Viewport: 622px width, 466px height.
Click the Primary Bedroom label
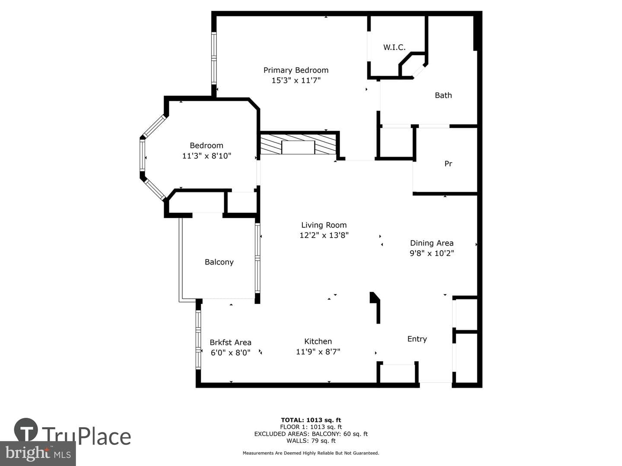[x=296, y=70]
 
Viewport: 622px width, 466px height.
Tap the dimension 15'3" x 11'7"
[x=296, y=80]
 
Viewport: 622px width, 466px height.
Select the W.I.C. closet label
[x=394, y=47]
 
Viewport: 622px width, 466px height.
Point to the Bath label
[x=443, y=95]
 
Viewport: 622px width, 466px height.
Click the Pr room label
[x=448, y=164]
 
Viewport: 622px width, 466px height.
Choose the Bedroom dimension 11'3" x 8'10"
[x=206, y=156]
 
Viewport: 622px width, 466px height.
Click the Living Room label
[x=324, y=225]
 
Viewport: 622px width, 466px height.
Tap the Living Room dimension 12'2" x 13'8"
[x=324, y=235]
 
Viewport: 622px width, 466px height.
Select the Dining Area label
[x=432, y=243]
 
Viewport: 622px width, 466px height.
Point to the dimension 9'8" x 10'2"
[x=432, y=253]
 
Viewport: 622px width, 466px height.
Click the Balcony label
[x=219, y=262]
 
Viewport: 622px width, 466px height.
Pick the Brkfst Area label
[x=230, y=342]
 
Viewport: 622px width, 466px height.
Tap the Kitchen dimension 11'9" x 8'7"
[x=318, y=352]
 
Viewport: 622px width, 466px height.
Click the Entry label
[x=417, y=339]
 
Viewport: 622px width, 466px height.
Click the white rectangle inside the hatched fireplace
[x=298, y=147]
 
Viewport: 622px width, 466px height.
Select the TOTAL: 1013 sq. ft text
[x=311, y=420]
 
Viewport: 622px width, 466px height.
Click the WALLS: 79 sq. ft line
[x=311, y=441]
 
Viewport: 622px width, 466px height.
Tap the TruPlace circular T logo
[x=26, y=430]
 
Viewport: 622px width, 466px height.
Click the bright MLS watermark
[x=38, y=453]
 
